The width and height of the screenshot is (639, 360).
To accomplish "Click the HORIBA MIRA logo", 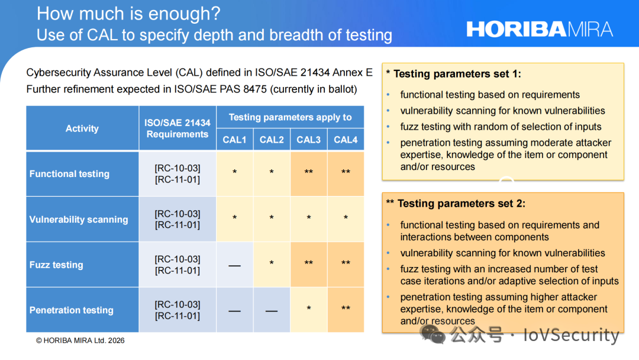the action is pos(540,30).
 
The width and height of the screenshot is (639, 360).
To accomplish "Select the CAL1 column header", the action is pos(234,139).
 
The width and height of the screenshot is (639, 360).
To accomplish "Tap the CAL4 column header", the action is pos(346,139).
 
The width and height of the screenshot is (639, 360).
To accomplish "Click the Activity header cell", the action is pos(82,128).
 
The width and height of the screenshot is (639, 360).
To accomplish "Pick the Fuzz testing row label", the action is pos(56,265).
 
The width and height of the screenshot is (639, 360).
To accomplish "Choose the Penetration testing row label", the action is pos(72,310).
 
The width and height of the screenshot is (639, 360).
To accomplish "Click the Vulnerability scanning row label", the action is pos(79,219).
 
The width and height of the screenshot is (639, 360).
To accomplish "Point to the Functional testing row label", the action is pos(69,173).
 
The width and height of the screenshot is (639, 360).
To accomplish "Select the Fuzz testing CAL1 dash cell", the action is pos(235,265).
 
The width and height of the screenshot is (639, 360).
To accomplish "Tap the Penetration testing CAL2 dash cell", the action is pos(272,310).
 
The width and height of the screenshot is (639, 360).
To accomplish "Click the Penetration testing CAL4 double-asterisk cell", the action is pos(346,310).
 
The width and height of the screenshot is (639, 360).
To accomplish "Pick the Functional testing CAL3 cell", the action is pos(308,173).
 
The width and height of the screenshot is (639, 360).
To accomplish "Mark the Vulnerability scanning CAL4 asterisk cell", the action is pos(346,219).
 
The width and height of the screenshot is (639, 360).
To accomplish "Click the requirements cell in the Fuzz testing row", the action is pos(177,265).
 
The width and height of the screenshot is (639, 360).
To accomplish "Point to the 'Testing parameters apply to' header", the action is pos(290,117).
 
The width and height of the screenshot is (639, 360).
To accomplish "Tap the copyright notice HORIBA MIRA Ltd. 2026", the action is pos(80,340).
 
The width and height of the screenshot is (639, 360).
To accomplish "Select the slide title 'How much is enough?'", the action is pos(128,14).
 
